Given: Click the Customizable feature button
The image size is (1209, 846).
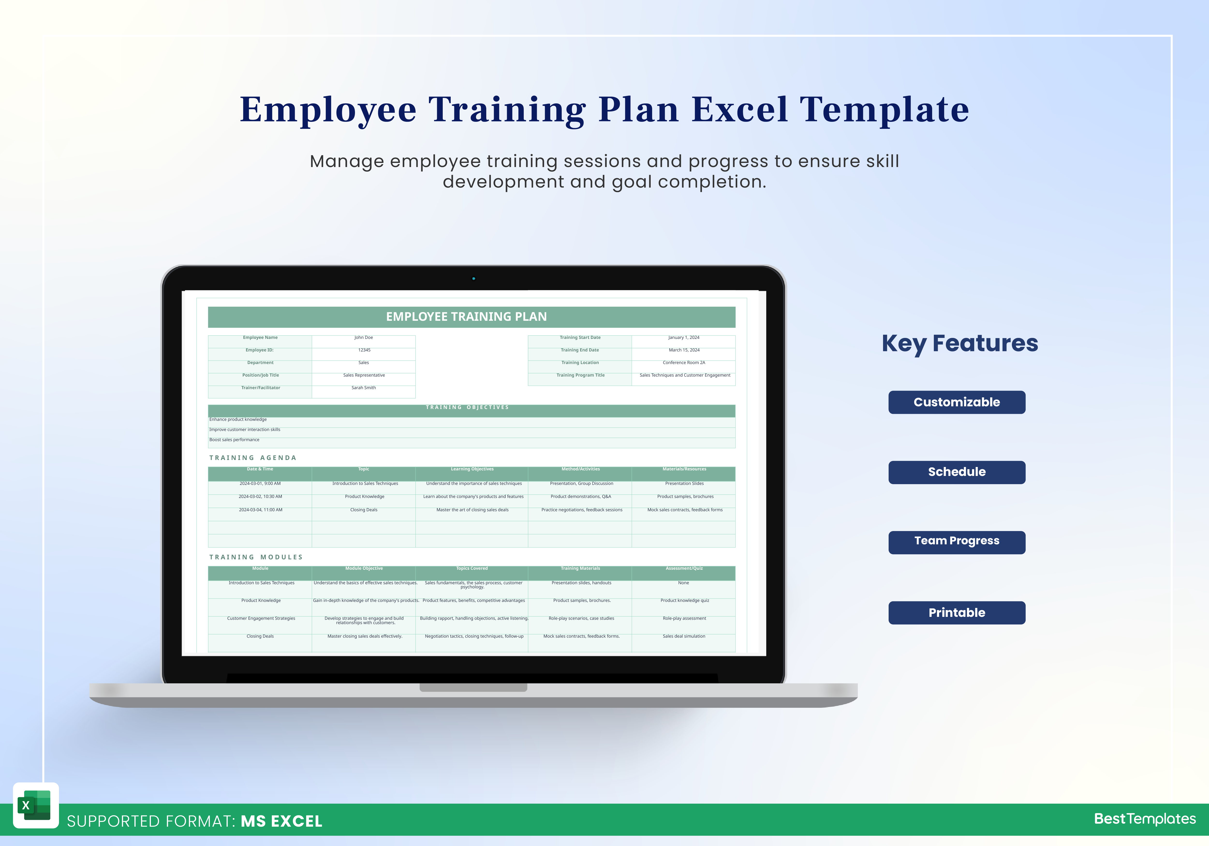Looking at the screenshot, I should tap(956, 402).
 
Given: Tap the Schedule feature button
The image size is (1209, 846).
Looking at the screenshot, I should tap(956, 472).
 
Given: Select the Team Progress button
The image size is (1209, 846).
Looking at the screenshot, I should tap(956, 542).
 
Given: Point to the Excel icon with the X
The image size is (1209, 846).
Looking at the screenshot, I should tap(35, 805).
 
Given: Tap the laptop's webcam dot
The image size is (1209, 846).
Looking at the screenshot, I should tap(473, 278).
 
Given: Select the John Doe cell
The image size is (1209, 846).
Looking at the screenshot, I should tap(363, 337).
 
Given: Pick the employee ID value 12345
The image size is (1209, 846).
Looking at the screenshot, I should tap(364, 350).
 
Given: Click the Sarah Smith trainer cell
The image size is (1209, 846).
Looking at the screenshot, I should tap(363, 388).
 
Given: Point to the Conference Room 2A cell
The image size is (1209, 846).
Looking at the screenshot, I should tap(684, 363).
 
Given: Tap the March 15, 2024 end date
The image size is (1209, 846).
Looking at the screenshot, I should tap(684, 350).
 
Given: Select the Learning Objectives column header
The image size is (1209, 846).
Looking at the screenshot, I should tap(472, 469).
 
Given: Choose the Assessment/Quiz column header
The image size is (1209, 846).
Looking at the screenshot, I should tap(684, 569).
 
